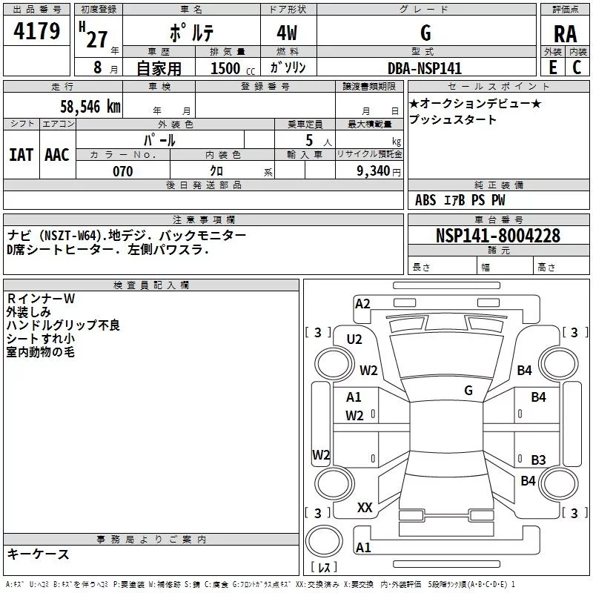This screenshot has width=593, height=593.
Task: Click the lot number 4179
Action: [x=36, y=31]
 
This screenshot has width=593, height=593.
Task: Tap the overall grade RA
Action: [x=566, y=34]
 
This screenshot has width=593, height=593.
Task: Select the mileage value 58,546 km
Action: [x=90, y=107]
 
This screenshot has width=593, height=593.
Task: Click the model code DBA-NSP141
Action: [x=425, y=68]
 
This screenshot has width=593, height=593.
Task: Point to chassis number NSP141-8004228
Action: [x=497, y=236]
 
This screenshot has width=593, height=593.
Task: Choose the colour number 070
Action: [x=123, y=171]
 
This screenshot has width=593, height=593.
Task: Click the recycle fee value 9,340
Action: [x=374, y=171]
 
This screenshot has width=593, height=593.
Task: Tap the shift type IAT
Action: [x=21, y=155]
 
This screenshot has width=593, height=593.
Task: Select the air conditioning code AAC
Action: [x=57, y=155]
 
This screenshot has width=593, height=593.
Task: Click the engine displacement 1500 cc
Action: [x=233, y=68]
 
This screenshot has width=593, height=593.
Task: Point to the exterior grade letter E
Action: [x=553, y=67]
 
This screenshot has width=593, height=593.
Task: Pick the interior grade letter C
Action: [x=577, y=67]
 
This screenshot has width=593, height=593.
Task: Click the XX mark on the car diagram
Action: [x=365, y=508]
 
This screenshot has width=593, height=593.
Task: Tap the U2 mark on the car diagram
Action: [x=354, y=339]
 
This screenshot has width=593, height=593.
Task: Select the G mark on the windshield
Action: [x=468, y=390]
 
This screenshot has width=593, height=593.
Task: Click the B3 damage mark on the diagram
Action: [x=539, y=460]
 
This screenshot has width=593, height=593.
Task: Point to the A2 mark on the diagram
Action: [x=362, y=304]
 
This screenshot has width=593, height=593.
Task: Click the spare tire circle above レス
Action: [x=324, y=541]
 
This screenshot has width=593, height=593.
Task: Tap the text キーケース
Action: [x=39, y=554]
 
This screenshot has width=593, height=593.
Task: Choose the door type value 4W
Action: [x=287, y=33]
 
